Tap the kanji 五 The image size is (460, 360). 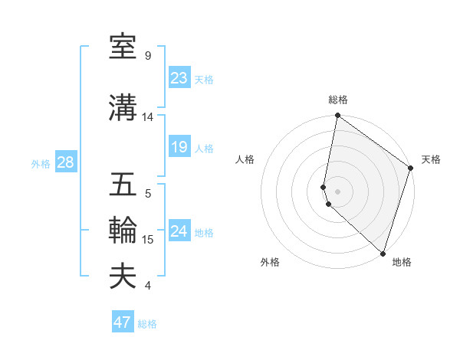point(123,185)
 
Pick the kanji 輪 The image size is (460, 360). point(123,231)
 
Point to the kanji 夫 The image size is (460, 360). point(123,277)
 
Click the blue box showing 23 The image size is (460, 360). point(179,78)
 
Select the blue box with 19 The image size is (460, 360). point(179,147)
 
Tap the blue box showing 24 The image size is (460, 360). point(179,231)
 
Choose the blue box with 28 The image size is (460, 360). point(65,162)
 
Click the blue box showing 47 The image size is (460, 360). point(123,322)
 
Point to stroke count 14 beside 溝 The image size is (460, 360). point(148,117)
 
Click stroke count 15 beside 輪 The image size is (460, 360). point(148,240)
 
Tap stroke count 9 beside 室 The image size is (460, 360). point(148,56)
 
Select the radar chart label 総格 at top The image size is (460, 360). point(338,100)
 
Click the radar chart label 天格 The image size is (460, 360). point(431,159)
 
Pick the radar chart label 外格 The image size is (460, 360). point(270,262)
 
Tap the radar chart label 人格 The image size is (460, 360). point(245,159)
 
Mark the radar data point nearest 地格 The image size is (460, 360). point(383,253)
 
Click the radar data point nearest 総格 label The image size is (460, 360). point(338,116)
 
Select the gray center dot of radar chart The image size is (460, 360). point(338,191)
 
